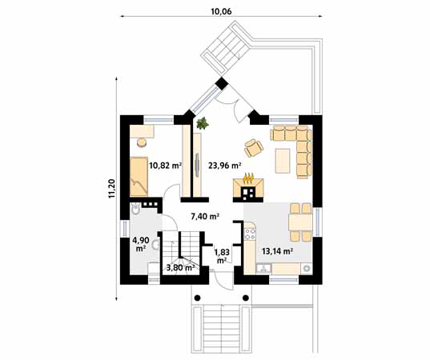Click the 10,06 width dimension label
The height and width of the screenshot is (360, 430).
click(x=221, y=11)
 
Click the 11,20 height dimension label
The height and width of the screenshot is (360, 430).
click(x=112, y=188)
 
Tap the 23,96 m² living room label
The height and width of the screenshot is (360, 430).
click(x=225, y=166)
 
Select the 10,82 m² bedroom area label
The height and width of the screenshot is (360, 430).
click(x=166, y=166)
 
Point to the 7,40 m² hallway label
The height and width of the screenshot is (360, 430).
click(x=205, y=217)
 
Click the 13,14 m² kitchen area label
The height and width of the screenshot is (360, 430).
click(x=277, y=251)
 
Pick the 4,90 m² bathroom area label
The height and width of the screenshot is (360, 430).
click(x=141, y=244)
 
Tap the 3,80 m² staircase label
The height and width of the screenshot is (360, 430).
click(x=181, y=267)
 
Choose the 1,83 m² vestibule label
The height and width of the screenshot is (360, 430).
click(x=222, y=256)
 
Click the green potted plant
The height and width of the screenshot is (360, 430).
click(x=203, y=122)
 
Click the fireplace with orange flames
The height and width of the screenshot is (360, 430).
click(x=248, y=188)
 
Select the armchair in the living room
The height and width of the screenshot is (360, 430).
click(x=254, y=148)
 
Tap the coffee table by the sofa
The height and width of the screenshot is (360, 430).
click(x=283, y=161)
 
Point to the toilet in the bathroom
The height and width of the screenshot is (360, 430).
click(x=135, y=210)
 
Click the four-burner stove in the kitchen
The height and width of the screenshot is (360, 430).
click(x=250, y=234)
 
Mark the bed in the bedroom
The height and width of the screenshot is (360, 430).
click(x=139, y=176)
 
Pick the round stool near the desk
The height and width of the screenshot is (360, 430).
click(x=142, y=143)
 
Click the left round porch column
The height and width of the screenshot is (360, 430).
click(x=197, y=298)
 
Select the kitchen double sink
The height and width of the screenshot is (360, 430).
click(x=263, y=268)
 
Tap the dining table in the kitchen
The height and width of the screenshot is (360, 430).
click(x=300, y=222)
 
